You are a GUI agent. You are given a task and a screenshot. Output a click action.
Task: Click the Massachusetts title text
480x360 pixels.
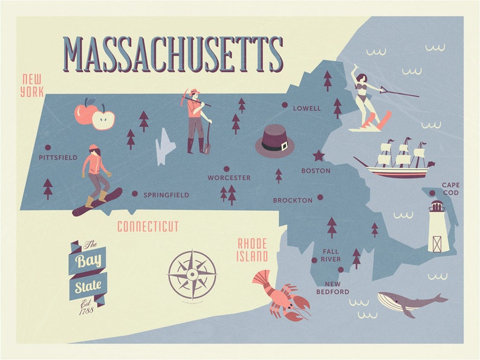coord(173,54)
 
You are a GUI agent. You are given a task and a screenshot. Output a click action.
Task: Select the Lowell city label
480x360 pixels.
coord(306,109)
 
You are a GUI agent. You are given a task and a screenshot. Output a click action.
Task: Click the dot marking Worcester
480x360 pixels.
coord(227,169)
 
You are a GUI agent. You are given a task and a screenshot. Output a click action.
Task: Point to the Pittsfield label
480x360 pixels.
coord(58,158)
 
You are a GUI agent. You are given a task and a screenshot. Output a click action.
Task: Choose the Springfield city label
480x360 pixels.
coord(166,195)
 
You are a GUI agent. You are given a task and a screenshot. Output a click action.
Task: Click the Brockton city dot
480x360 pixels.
coord(320,197)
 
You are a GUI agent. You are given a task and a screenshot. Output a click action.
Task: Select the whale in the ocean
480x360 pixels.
coord(410,301)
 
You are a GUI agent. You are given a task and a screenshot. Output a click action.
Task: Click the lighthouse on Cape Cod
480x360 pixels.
coord(437,227)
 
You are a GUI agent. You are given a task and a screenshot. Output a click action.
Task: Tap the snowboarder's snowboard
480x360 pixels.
coord(97,202)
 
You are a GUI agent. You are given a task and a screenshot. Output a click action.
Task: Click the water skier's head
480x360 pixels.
coord(360,79)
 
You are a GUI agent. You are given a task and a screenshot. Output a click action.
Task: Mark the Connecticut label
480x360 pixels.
coord(148,227)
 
